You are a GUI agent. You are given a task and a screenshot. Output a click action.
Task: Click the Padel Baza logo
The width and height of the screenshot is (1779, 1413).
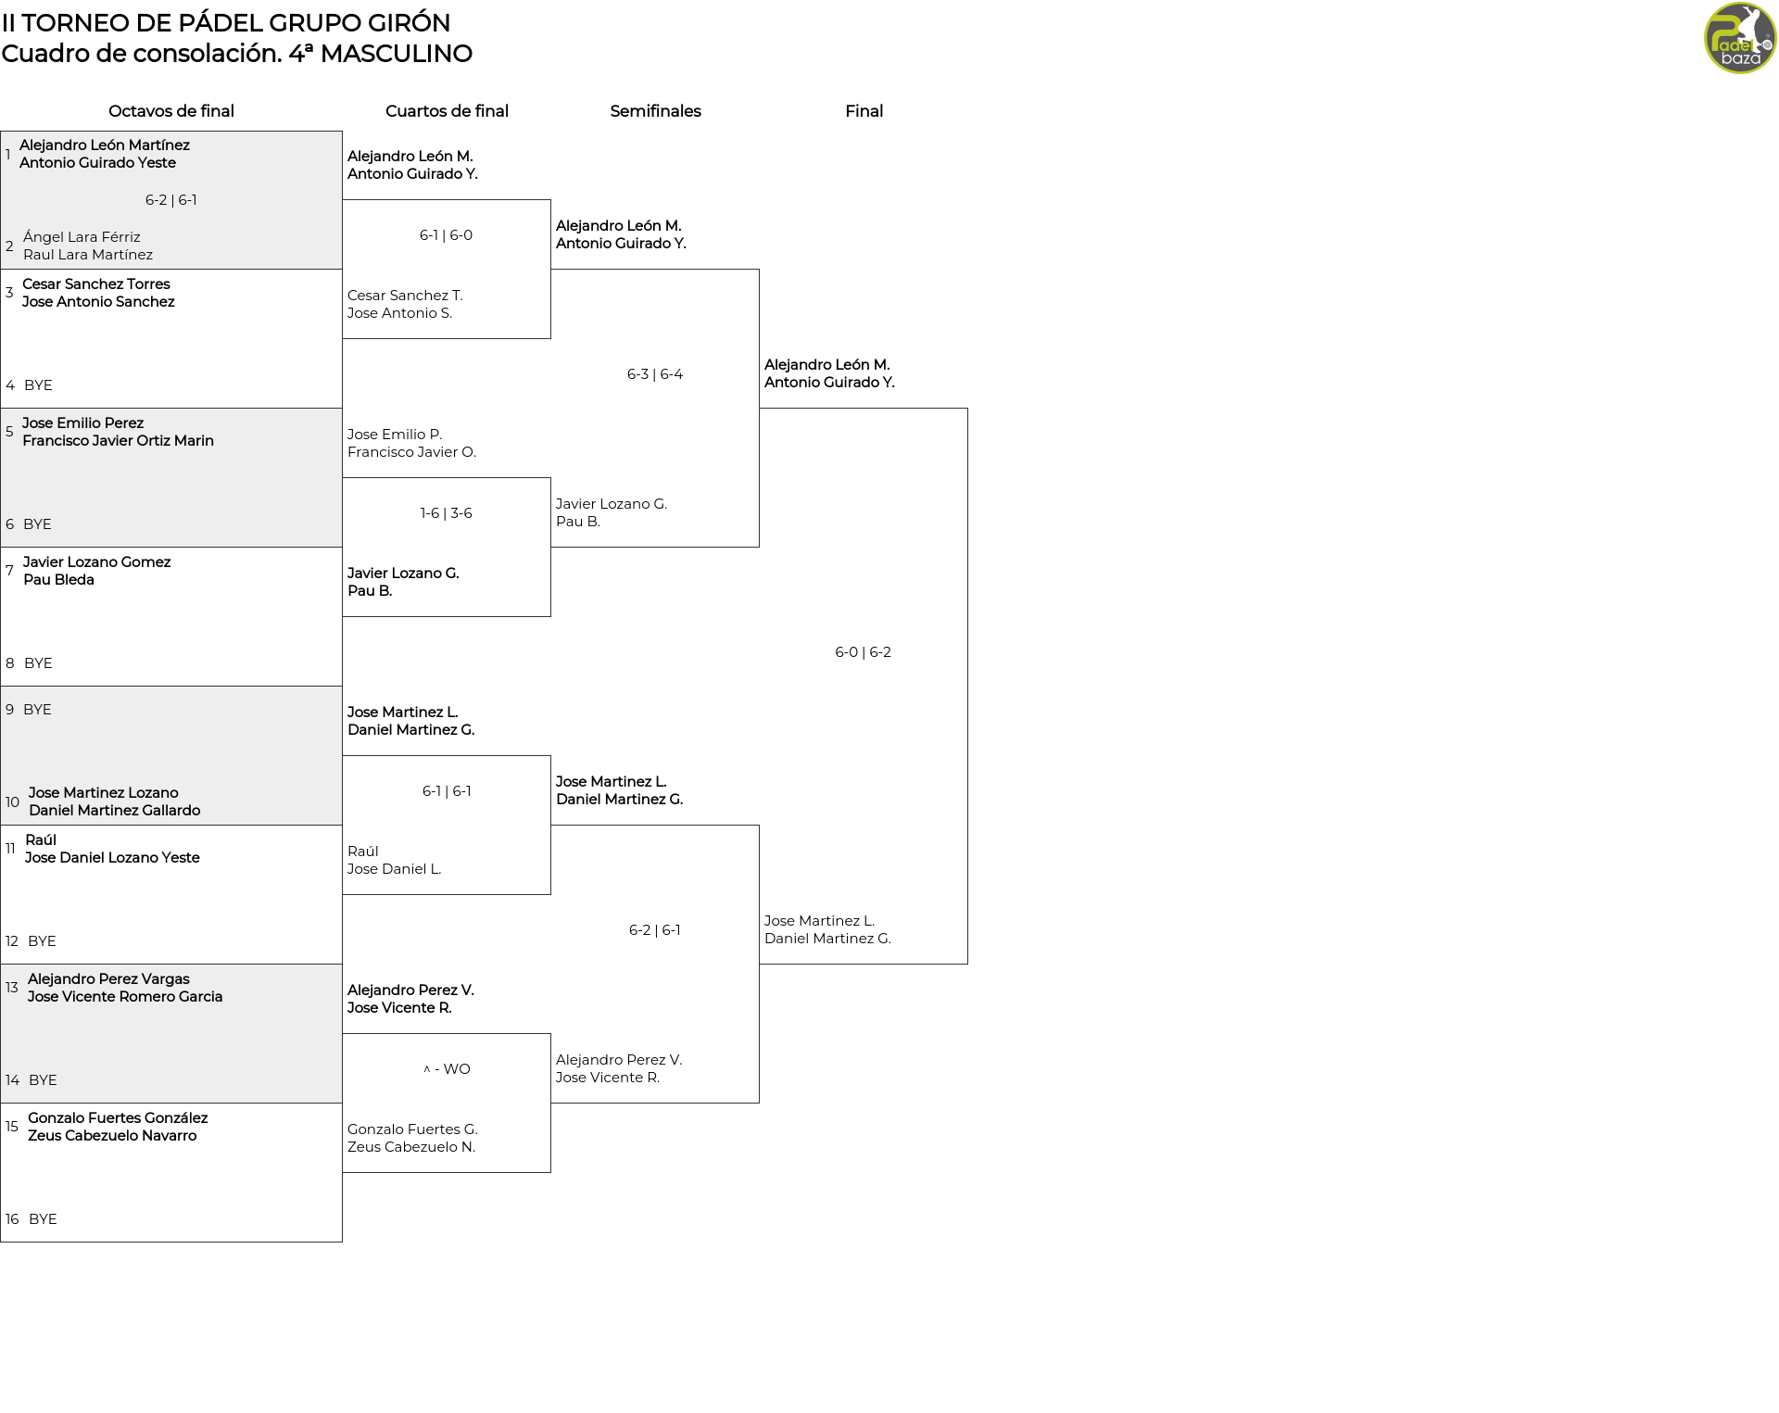[x=1740, y=38]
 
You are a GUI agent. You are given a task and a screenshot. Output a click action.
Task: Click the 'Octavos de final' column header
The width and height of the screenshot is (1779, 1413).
[x=171, y=111]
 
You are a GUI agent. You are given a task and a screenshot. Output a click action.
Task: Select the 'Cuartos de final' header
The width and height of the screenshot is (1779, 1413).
[x=447, y=111]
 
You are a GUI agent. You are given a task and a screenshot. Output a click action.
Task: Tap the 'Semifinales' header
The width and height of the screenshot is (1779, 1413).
[x=655, y=111]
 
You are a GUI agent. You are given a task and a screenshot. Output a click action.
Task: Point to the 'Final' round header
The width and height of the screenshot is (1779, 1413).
[x=864, y=111]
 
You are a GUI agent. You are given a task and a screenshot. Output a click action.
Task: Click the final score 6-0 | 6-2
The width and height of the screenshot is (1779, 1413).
[x=863, y=652]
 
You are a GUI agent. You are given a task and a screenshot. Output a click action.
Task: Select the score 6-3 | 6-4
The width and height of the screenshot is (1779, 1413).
[x=655, y=374]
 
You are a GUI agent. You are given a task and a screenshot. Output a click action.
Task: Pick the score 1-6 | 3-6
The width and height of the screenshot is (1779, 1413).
[x=447, y=513]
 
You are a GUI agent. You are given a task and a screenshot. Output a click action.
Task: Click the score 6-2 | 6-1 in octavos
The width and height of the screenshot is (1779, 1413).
[x=171, y=200]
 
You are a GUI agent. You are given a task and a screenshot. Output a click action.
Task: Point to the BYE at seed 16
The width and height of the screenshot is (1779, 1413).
[x=43, y=1219]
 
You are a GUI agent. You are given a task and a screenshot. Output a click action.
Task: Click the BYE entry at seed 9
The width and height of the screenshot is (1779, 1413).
[x=37, y=710]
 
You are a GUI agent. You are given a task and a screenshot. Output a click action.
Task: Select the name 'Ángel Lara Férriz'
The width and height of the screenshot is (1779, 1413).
[x=82, y=237]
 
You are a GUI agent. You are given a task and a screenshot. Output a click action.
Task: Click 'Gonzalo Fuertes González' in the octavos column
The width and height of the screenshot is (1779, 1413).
[x=118, y=1118]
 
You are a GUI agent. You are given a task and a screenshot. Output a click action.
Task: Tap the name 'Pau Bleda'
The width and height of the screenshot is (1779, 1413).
[x=58, y=580]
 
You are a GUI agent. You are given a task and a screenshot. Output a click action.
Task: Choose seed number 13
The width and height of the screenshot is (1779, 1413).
[x=12, y=988]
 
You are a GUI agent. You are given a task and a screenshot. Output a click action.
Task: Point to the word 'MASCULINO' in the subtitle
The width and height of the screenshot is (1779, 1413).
[x=397, y=54]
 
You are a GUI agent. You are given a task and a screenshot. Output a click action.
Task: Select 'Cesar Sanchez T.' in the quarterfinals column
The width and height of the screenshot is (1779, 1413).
[x=405, y=296]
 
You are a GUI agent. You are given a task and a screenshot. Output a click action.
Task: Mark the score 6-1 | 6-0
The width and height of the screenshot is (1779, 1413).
[x=447, y=235]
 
